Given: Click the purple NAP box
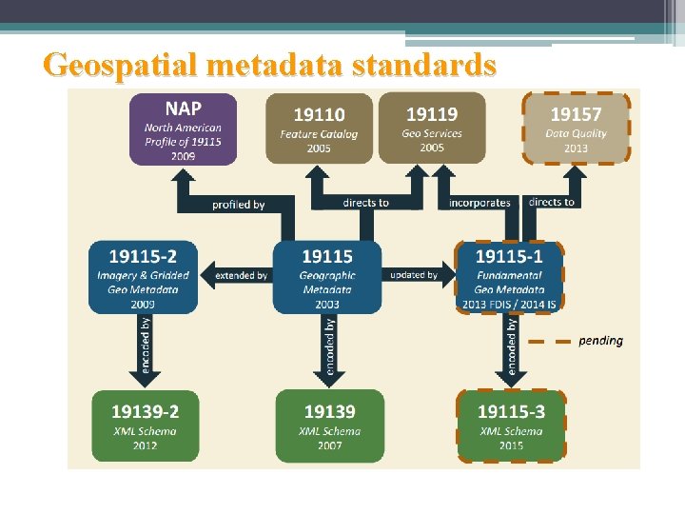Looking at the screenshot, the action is pos(184,128).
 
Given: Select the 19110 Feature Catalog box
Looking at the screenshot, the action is pos(319,128).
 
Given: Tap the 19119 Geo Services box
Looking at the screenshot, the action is pos(432,128).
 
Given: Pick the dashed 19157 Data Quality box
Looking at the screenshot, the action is pos(577,128).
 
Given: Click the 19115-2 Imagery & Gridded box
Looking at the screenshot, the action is pos(144,277).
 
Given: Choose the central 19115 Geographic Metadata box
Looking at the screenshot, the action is pos(327,277).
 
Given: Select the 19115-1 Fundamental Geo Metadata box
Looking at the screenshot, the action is pos(510,277).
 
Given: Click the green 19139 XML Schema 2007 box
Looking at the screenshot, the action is pos(329,425).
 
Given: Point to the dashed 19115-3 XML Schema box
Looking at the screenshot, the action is pos(511,425).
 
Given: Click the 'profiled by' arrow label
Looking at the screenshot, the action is pos(239,204).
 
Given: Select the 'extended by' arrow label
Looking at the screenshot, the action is pos(242,275).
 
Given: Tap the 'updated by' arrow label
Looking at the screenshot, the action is pos(414,275).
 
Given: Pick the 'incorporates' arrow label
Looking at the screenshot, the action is pos(480,203).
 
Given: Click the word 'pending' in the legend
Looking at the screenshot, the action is pos(601,341).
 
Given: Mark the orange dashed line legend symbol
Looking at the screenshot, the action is pos(550,341).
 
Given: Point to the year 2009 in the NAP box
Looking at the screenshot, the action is pos(184,155).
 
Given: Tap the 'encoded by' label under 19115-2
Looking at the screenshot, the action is pos(146,345).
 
